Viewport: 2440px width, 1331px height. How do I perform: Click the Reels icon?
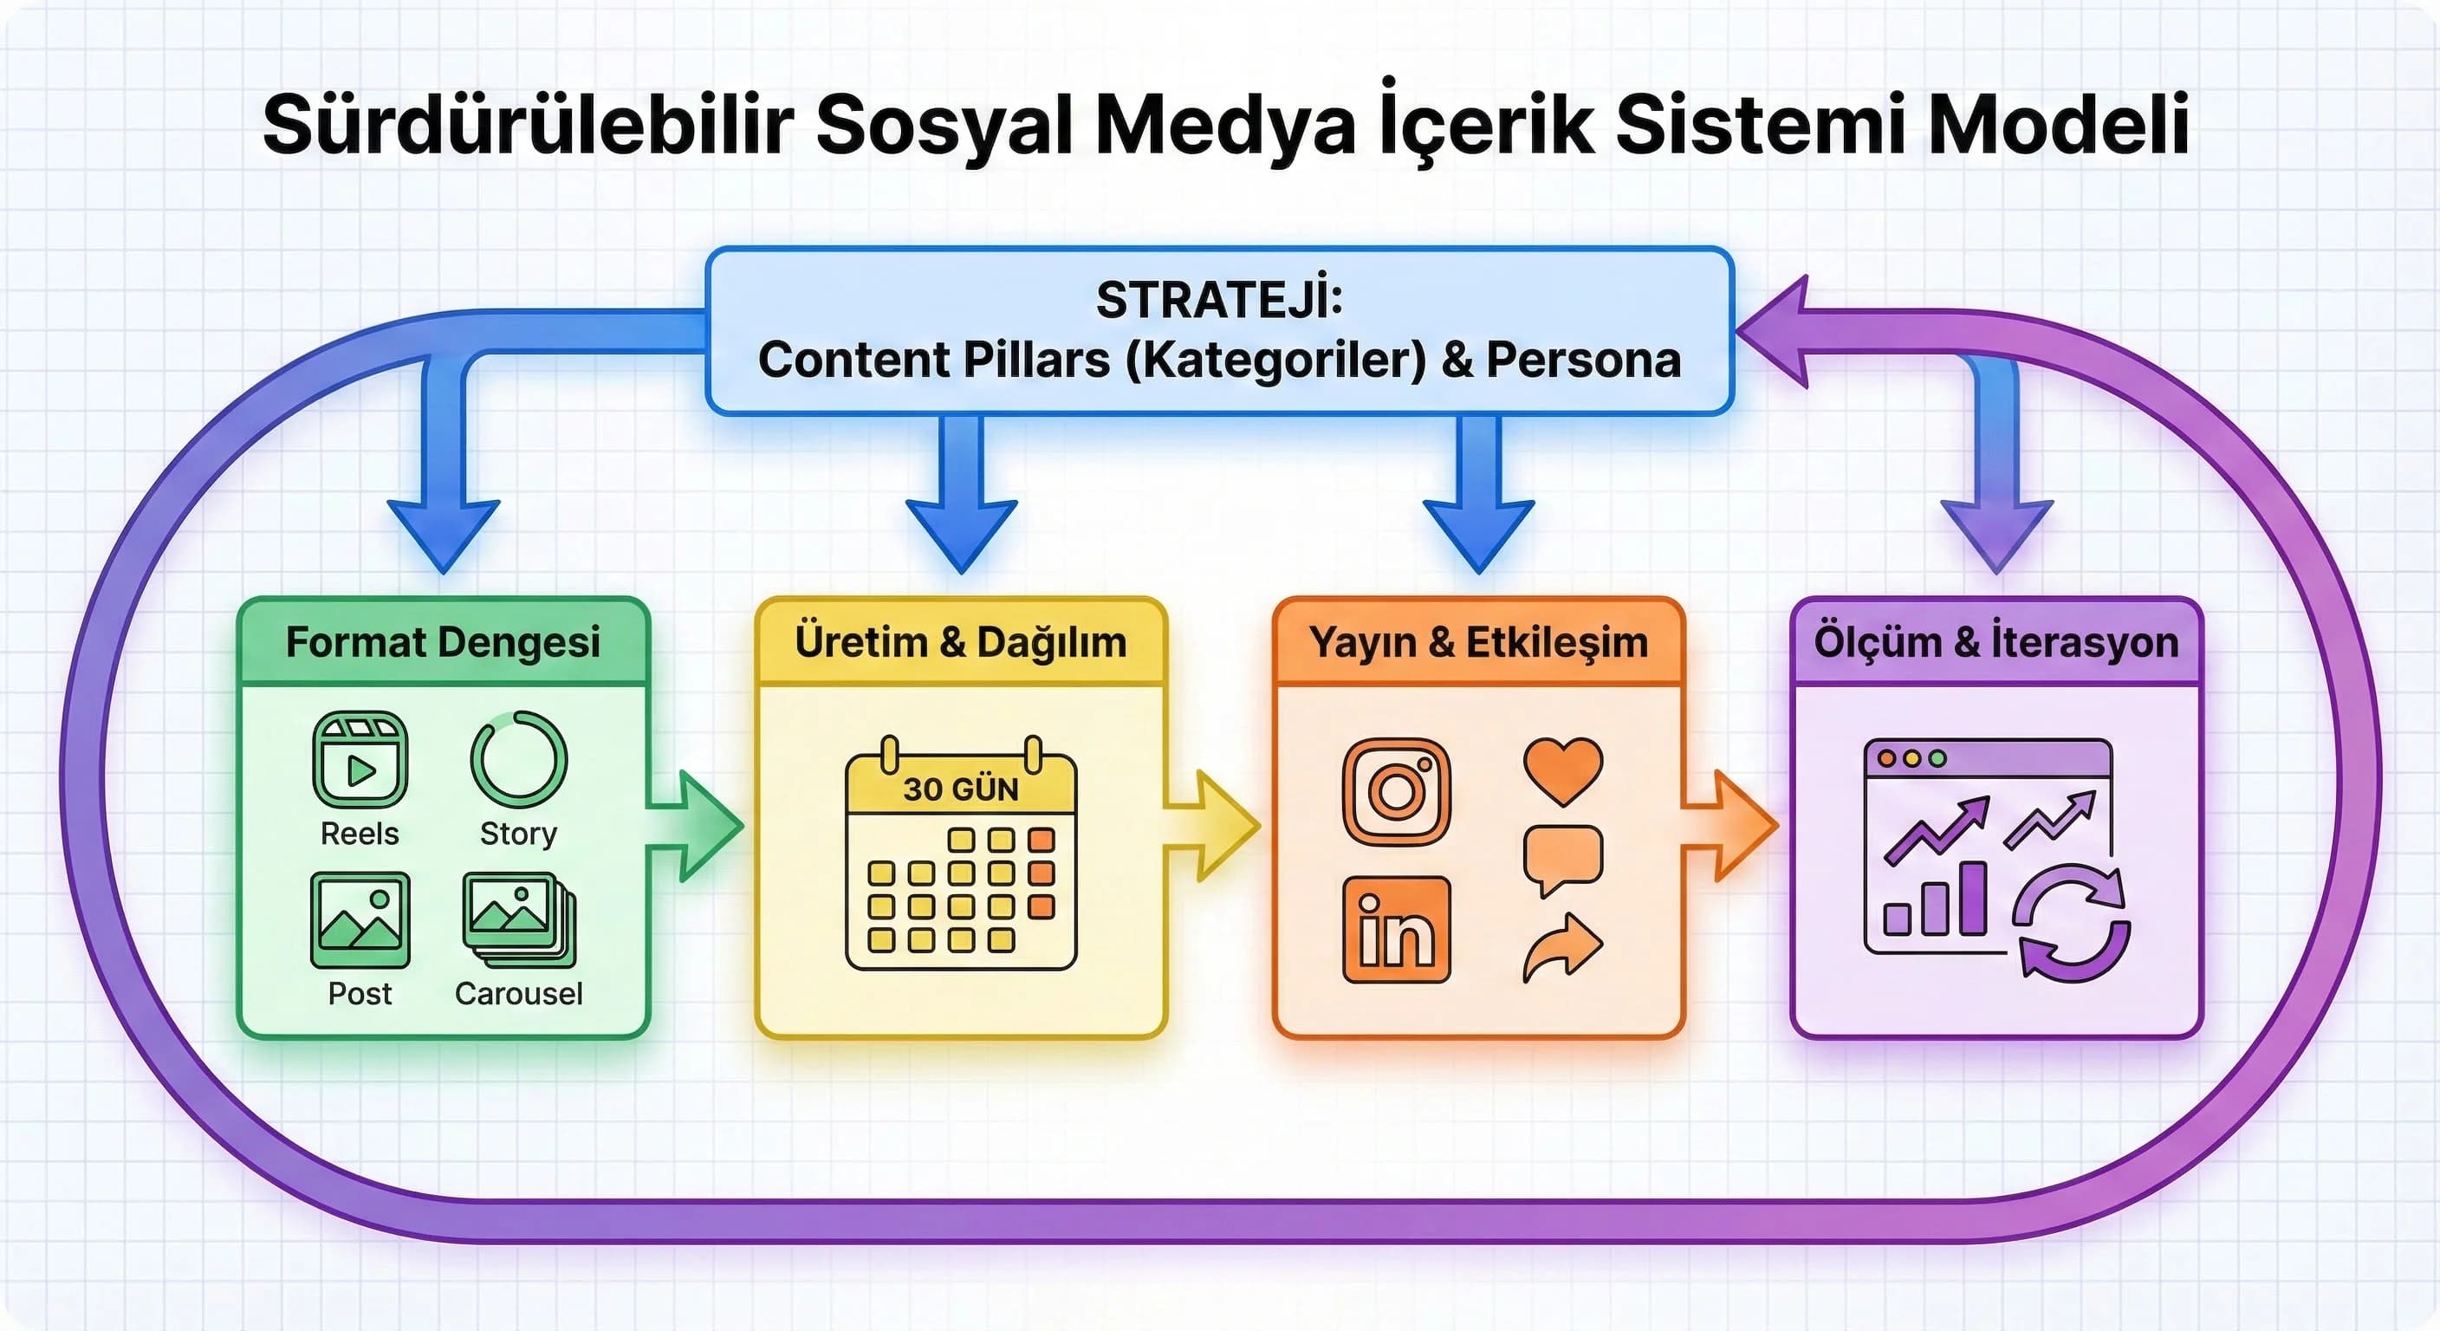click(x=360, y=760)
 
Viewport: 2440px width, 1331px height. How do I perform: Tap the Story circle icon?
click(x=518, y=760)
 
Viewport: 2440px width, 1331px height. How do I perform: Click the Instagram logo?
click(x=1396, y=791)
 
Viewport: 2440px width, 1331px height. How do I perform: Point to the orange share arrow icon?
click(x=1563, y=946)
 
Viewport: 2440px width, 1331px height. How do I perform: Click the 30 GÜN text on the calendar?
click(x=960, y=789)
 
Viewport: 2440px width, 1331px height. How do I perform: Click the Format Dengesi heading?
click(x=443, y=642)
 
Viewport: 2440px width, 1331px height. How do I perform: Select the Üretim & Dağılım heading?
click(x=960, y=642)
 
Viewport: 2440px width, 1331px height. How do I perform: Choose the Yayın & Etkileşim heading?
click(x=1478, y=642)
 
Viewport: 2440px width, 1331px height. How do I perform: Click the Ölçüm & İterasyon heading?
click(x=1996, y=642)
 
